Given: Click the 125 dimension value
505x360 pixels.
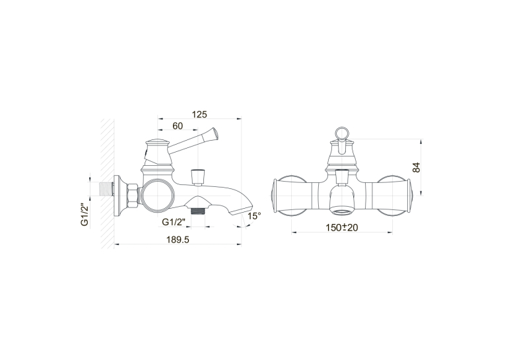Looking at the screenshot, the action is pyautogui.click(x=199, y=114).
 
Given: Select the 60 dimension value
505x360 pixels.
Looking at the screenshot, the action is pyautogui.click(x=178, y=126).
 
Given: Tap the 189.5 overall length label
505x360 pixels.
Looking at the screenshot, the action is pyautogui.click(x=178, y=240).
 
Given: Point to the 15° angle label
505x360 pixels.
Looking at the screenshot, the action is pyautogui.click(x=254, y=216).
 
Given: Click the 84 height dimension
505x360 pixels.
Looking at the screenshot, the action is pyautogui.click(x=417, y=168).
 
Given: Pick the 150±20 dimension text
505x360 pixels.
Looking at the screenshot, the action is pyautogui.click(x=342, y=227).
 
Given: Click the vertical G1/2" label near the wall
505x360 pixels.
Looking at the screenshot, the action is pyautogui.click(x=84, y=214).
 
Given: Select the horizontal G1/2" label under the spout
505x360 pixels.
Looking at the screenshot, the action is pyautogui.click(x=174, y=222).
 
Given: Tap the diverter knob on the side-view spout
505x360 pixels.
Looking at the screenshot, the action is pyautogui.click(x=197, y=176).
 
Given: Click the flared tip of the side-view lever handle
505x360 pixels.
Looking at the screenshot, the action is pyautogui.click(x=213, y=133).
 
